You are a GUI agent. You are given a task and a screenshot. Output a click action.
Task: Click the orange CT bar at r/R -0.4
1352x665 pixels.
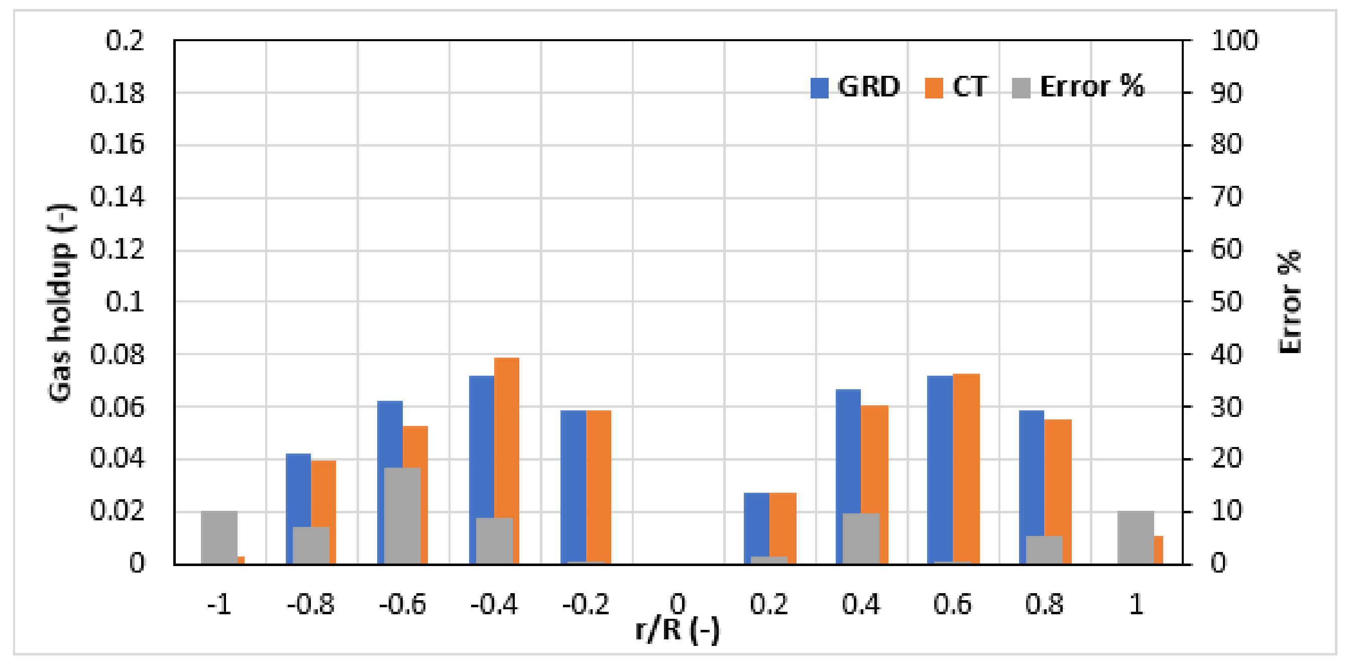click(506, 435)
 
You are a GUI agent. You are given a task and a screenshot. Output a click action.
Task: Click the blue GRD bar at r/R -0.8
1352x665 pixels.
click(298, 488)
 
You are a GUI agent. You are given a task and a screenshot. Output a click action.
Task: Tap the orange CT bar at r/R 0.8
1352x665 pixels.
click(1058, 478)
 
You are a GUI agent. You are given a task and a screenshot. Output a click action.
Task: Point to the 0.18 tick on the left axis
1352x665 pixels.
click(117, 93)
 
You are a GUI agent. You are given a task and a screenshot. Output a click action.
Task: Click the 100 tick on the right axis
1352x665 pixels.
click(1234, 41)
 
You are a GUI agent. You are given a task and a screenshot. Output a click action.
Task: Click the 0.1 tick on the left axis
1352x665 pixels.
click(125, 302)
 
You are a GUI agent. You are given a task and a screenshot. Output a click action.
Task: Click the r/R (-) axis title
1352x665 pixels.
click(677, 630)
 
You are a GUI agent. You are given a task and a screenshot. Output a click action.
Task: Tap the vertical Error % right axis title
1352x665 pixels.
click(1289, 303)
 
